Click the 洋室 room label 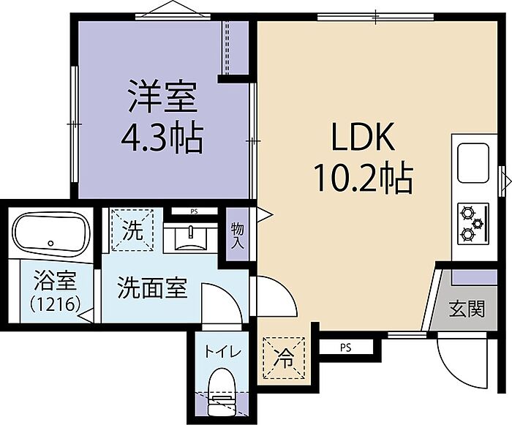pos(162,97)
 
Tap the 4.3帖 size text pos(162,138)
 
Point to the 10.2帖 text pos(363,177)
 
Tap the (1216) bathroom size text pos(55,305)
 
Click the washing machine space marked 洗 pos(132,230)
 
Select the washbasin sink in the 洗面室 pos(190,238)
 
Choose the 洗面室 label pos(152,287)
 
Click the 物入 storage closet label pos(238,236)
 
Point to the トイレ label pos(222,352)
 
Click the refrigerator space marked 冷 pos(285,358)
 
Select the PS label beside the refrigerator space pos(345,348)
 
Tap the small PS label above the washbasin pos(195,211)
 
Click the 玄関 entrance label pos(467,309)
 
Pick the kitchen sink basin pos(473,163)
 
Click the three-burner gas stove pos(473,223)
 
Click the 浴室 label pos(55,280)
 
